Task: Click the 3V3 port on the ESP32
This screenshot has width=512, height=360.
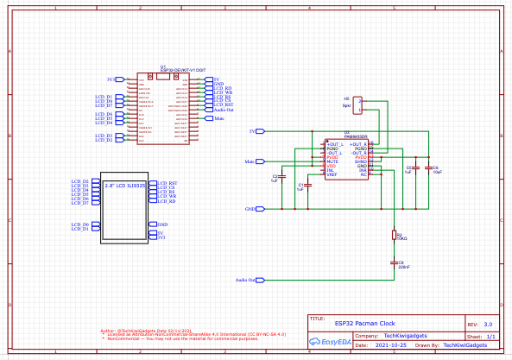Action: tap(111, 79)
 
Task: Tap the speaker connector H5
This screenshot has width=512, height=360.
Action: tap(360, 104)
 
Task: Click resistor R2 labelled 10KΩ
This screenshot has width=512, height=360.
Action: tap(395, 235)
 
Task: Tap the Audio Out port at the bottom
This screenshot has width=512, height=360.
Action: tap(246, 281)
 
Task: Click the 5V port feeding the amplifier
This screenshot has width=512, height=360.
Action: tap(254, 131)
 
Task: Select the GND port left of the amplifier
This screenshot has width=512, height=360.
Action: tap(250, 209)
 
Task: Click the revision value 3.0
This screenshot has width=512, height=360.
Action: tap(488, 323)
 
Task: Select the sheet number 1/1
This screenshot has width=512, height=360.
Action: tap(490, 336)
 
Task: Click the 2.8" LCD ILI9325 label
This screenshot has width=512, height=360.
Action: tap(125, 185)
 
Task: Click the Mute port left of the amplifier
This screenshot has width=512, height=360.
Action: tap(250, 161)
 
